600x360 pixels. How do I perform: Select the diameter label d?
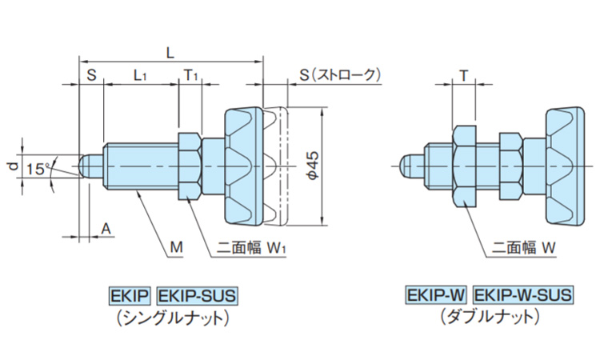[11, 166]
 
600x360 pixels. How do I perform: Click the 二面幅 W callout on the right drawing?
[523, 250]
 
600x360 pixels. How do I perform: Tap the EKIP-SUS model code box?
[197, 295]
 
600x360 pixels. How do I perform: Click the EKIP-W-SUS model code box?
[523, 295]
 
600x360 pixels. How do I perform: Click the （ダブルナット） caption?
[489, 317]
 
